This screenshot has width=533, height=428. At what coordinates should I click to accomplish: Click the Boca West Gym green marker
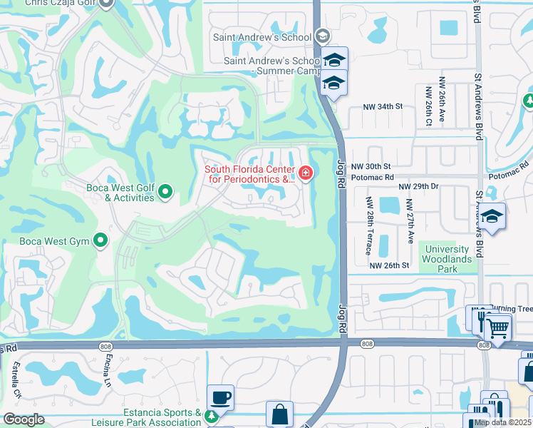pyautogui.click(x=100, y=240)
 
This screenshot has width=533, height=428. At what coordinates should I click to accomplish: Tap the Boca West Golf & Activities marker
pyautogui.click(x=165, y=191)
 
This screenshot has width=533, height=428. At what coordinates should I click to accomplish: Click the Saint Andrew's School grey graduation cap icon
pyautogui.click(x=322, y=36)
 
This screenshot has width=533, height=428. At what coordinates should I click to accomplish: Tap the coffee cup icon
pyautogui.click(x=221, y=396)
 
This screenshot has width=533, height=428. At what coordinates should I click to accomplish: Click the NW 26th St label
pyautogui.click(x=389, y=265)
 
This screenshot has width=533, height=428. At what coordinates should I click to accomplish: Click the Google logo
pyautogui.click(x=24, y=419)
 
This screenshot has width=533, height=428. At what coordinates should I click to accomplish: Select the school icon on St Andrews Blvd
pyautogui.click(x=492, y=215)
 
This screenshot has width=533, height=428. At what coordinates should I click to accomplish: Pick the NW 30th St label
pyautogui.click(x=377, y=165)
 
